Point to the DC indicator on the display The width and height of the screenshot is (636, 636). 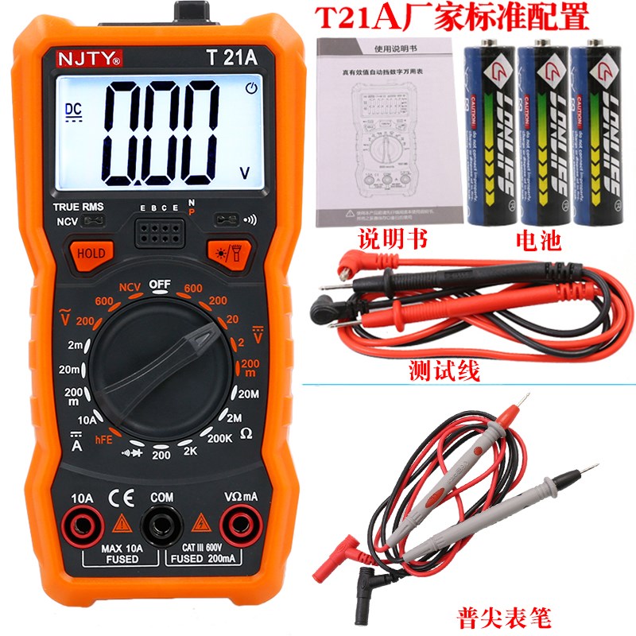click(x=73, y=109)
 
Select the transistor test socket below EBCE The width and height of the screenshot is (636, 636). click(x=161, y=231)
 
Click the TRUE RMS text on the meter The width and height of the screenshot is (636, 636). click(x=79, y=207)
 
